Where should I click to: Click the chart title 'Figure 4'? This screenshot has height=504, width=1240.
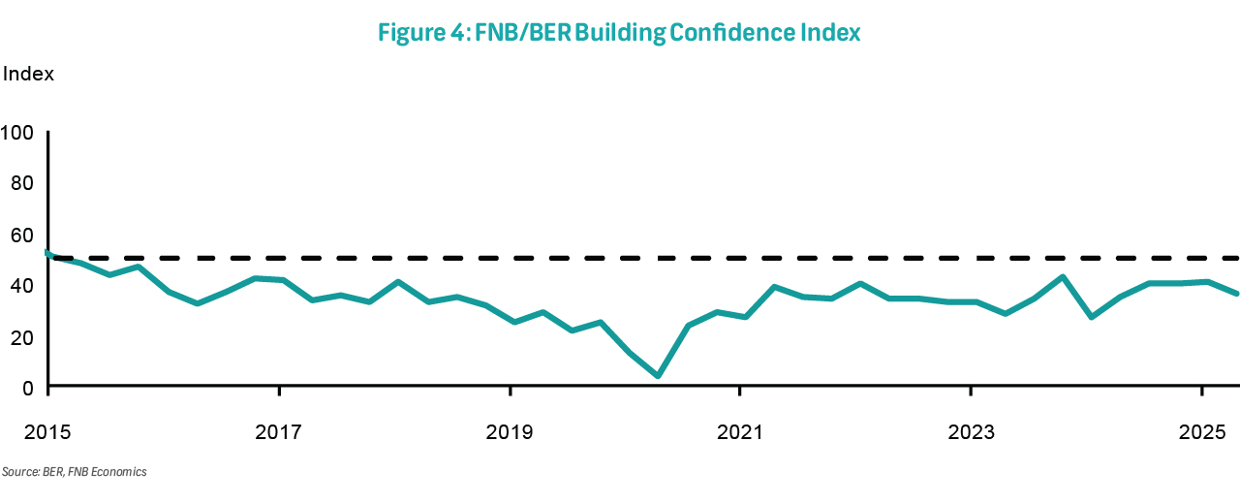(x=419, y=33)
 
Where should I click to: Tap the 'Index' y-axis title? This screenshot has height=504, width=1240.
(x=28, y=74)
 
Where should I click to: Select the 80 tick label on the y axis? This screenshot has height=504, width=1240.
(x=22, y=183)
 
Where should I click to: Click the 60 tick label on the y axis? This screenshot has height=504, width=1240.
(x=22, y=235)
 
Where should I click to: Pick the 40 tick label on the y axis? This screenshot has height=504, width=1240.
(x=22, y=285)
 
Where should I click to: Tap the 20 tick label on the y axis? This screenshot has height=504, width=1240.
(x=22, y=336)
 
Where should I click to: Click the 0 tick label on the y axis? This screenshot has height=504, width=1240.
(x=28, y=388)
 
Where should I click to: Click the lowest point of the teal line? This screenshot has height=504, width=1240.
(x=658, y=376)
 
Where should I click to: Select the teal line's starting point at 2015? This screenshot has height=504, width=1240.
(x=47, y=253)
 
